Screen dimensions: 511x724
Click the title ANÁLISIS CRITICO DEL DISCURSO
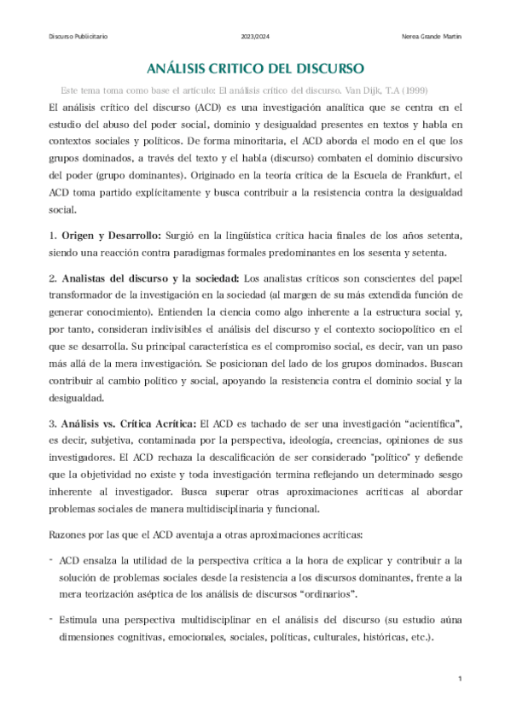coord(256,67)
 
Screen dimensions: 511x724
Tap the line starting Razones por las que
coord(205,535)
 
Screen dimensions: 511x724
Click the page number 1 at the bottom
coord(459,679)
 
